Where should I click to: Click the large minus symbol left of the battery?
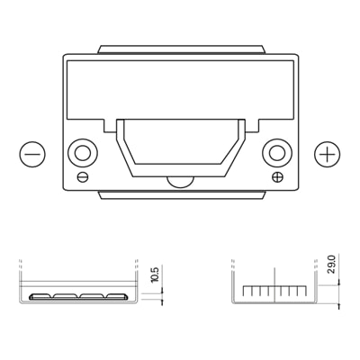tap(32, 154)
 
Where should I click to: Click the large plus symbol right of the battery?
tap(328, 154)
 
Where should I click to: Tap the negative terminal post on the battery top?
tap(83, 153)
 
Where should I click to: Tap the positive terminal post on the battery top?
tap(277, 153)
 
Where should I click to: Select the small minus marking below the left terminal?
tap(83, 177)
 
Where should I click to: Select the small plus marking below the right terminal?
tap(278, 177)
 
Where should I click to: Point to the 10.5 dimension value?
tap(157, 274)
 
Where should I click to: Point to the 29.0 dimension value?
tap(332, 264)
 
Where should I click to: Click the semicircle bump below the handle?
tap(181, 183)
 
